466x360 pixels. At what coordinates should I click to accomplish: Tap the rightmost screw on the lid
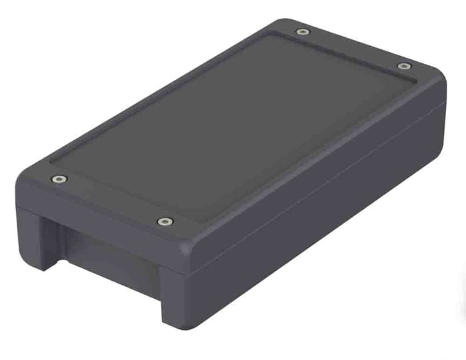(x=403, y=66)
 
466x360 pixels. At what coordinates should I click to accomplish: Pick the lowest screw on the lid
(x=162, y=221)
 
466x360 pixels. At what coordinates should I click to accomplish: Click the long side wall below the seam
(x=320, y=226)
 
